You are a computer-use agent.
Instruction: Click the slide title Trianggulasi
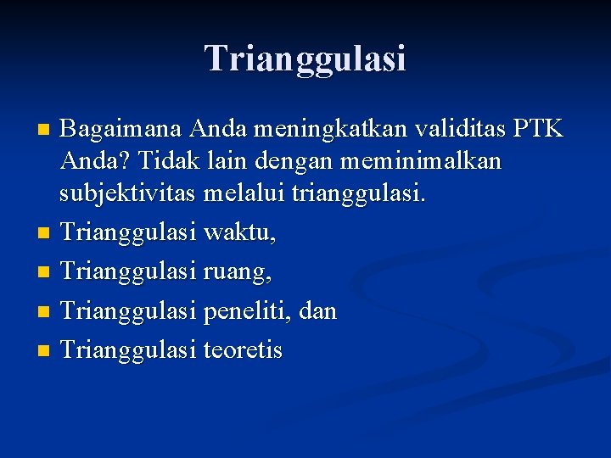tap(305, 59)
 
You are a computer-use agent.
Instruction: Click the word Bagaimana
tap(122, 130)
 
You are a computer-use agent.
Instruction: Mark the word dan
tap(319, 311)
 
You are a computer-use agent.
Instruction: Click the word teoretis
tap(244, 350)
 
